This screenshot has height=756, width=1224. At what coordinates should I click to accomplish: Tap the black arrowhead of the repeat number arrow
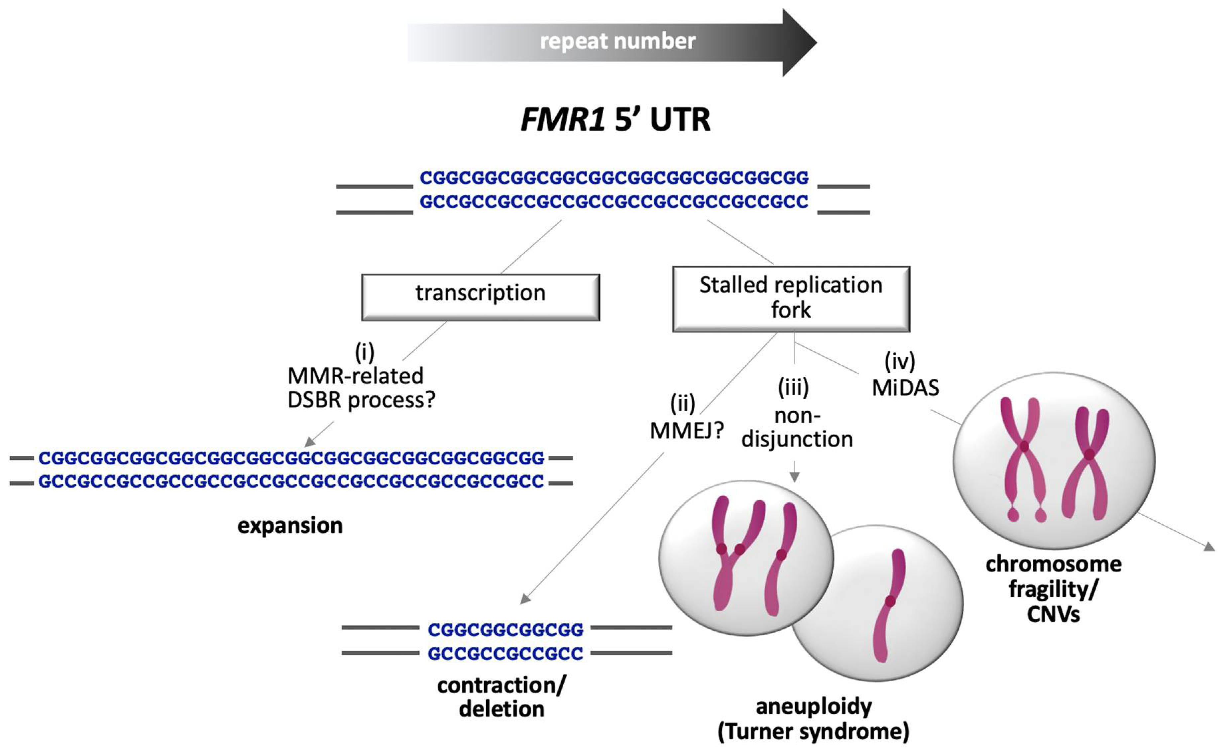[x=799, y=43]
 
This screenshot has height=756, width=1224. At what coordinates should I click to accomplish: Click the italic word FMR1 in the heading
[x=562, y=120]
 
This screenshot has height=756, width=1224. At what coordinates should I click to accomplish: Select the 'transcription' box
[x=480, y=297]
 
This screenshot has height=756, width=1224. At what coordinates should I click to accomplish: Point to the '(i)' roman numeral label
[x=364, y=352]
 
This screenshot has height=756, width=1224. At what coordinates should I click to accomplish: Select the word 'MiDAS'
[x=905, y=388]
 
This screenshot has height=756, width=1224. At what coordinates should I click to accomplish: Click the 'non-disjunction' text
[x=797, y=428]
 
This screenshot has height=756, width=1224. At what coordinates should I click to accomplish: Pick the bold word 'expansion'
[x=290, y=526]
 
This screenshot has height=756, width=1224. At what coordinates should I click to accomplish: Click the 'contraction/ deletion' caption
[x=501, y=697]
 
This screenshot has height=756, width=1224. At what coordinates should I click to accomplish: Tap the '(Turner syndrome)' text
[x=813, y=731]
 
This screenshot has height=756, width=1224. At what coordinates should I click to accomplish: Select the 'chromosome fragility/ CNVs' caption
[x=1053, y=589]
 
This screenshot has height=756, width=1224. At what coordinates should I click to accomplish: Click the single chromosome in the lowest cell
[x=888, y=605]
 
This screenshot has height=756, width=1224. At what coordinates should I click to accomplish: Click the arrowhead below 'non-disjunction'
[x=794, y=477]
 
